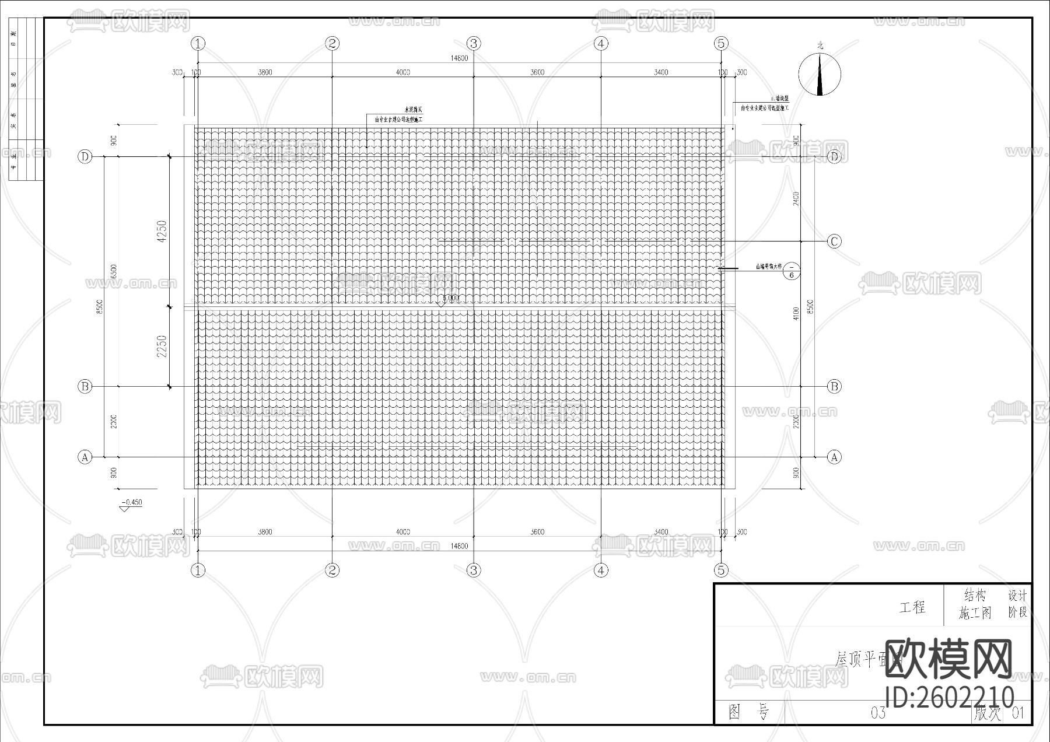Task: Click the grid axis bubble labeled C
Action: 834,242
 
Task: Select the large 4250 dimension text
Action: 162,232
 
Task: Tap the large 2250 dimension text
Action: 162,346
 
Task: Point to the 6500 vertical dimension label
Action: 114,271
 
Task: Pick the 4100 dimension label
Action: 796,314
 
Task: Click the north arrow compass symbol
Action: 820,74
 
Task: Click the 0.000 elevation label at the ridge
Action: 450,298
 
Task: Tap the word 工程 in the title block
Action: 912,607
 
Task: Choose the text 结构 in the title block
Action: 975,596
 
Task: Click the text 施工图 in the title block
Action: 975,613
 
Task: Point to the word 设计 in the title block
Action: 1017,596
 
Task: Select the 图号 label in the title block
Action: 749,712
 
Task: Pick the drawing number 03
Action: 877,713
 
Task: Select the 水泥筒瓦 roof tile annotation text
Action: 414,110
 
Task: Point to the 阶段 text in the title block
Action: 1017,612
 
